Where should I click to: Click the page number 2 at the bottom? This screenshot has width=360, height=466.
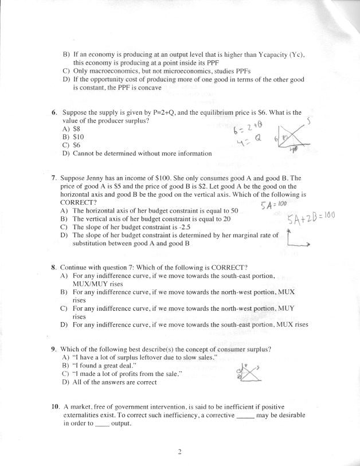point(179,452)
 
